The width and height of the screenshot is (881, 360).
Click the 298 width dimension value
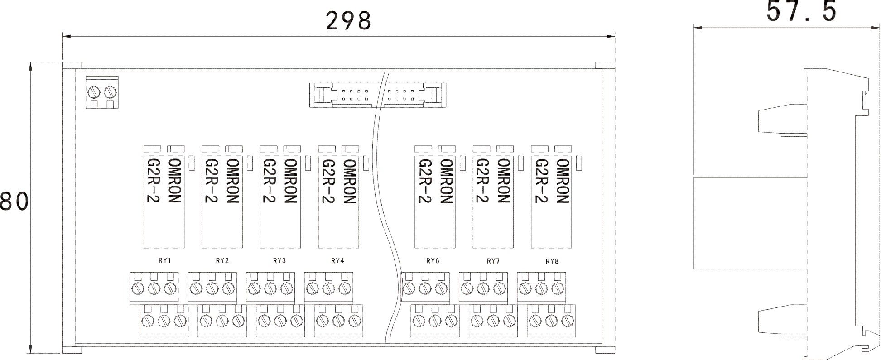(348, 20)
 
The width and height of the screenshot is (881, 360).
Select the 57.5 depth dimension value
(801, 11)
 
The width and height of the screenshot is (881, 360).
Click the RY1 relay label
(164, 261)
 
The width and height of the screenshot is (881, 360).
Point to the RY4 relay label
(337, 261)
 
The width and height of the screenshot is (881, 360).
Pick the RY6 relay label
(433, 261)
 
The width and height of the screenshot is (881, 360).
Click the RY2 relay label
(222, 261)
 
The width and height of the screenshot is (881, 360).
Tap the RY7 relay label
(493, 261)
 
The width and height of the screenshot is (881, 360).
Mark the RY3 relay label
(279, 261)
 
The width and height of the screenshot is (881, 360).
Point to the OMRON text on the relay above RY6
(447, 181)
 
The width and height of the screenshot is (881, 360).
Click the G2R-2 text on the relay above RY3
(269, 181)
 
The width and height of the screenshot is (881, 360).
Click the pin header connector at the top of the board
(377, 95)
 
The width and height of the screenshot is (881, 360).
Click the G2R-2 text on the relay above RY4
(327, 181)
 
